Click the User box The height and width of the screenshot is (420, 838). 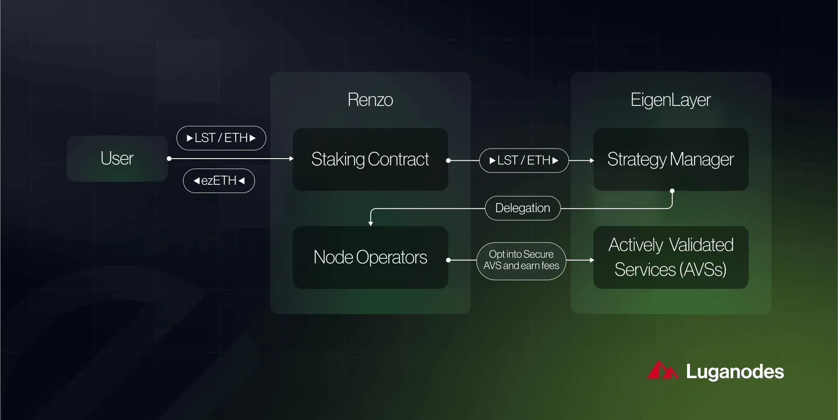point(117,158)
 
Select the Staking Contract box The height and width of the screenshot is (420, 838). point(370,159)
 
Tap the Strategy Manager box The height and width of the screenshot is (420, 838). point(671,159)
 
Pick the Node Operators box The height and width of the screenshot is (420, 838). point(370,257)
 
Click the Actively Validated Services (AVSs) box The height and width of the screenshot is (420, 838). point(671,257)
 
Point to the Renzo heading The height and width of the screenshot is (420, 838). point(370,100)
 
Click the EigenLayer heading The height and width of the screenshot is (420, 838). point(671,100)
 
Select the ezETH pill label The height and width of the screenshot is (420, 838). point(219,181)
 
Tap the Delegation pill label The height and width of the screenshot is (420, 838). point(523,208)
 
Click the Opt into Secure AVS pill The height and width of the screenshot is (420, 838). point(521,261)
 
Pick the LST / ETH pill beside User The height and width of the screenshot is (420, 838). point(221,138)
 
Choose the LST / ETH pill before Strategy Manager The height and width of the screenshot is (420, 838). point(524,160)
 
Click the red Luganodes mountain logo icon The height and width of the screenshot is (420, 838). point(662,371)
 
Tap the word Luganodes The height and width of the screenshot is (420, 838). point(735,372)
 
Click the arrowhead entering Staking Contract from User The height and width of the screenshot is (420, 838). point(291,159)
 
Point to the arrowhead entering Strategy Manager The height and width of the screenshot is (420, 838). point(592,160)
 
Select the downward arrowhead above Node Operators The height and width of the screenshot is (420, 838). point(370,224)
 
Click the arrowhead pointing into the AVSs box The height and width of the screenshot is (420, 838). point(592,260)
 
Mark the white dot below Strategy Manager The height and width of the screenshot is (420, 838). point(672,191)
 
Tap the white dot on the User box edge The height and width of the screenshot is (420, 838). point(169,159)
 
